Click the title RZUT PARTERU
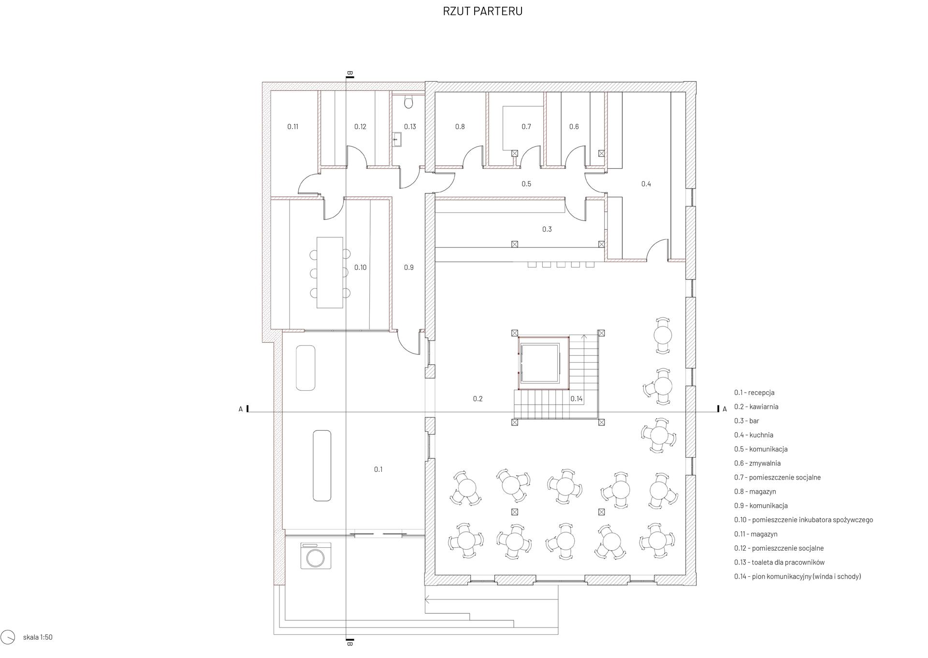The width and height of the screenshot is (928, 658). [482, 11]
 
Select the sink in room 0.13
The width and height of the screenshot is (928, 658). [397, 139]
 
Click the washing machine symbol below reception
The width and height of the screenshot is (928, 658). [316, 555]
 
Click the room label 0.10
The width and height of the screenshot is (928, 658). [360, 267]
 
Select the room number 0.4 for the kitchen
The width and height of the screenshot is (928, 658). [646, 184]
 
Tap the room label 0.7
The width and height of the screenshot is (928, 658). [526, 127]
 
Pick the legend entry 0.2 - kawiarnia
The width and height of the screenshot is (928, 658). [756, 407]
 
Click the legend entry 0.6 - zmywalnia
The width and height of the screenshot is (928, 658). [757, 463]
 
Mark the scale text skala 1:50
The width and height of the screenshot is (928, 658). [38, 637]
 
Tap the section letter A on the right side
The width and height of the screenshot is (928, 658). [725, 409]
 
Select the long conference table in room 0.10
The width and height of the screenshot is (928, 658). [330, 272]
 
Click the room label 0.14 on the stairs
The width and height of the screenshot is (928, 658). [577, 399]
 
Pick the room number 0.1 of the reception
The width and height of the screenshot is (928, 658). [378, 469]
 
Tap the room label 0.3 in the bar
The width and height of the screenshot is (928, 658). [547, 229]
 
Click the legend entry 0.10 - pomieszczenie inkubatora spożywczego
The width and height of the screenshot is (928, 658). [803, 520]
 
